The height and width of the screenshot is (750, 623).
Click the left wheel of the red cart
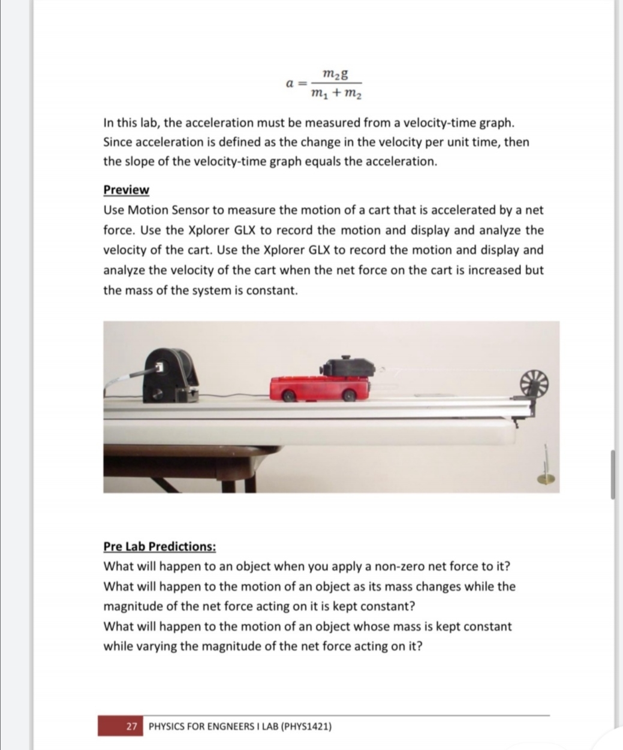pos(289,396)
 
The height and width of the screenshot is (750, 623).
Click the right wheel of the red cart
pos(348,395)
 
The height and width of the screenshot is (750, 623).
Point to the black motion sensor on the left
pos(171,375)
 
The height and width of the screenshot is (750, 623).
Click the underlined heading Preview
pos(126,189)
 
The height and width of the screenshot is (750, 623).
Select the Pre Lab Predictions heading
pos(159,546)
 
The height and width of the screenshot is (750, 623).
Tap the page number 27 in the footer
pos(132,726)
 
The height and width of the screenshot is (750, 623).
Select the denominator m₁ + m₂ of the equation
pos(336,94)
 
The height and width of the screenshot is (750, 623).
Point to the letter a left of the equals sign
pos(289,84)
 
